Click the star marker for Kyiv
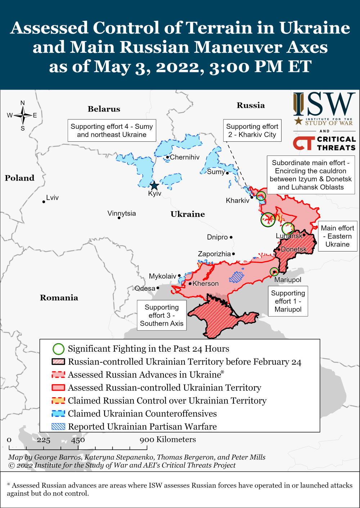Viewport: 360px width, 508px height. point(154,186)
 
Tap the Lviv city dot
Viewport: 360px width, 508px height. point(44,202)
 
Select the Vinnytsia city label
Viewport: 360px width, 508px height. point(122,213)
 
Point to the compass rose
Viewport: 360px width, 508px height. point(23,115)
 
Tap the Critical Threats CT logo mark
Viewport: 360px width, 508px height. point(303,143)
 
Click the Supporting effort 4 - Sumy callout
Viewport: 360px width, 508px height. point(112,131)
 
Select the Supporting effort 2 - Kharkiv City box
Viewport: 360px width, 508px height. point(252,131)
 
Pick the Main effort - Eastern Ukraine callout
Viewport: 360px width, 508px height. point(337,236)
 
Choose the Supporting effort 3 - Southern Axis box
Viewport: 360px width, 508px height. point(162,315)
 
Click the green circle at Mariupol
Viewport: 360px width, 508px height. point(274,272)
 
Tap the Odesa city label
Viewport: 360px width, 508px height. point(145,288)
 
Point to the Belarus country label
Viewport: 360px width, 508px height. point(104,109)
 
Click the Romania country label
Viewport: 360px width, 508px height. point(59,298)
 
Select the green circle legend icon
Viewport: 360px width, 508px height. point(58,349)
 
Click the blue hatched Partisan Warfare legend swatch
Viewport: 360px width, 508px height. point(58,426)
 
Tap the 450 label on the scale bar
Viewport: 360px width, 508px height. point(78,440)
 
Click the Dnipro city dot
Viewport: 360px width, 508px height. point(231,237)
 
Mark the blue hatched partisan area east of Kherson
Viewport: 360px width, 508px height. point(237,277)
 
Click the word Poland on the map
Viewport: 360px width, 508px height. point(19,178)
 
